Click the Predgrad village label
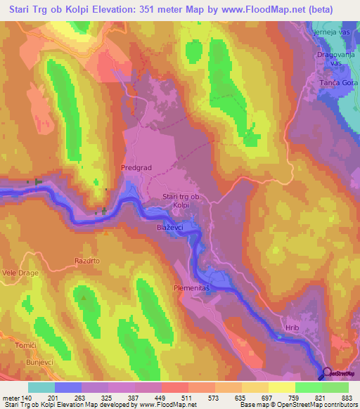pyautogui.click(x=136, y=168)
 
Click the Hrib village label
pyautogui.click(x=293, y=327)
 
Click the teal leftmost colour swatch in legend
pyautogui.click(x=41, y=387)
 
